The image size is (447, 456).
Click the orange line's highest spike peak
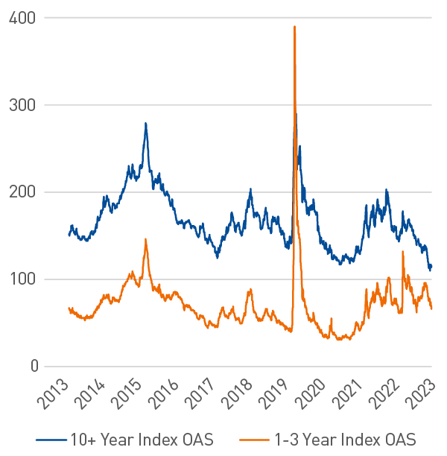click(295, 26)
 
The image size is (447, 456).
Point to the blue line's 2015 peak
click(146, 123)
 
